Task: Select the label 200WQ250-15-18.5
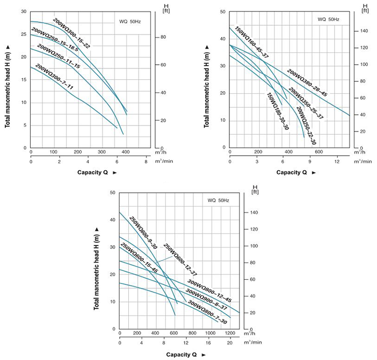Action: tap(55, 41)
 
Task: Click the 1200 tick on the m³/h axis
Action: tap(229, 333)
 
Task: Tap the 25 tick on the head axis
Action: tap(25, 34)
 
